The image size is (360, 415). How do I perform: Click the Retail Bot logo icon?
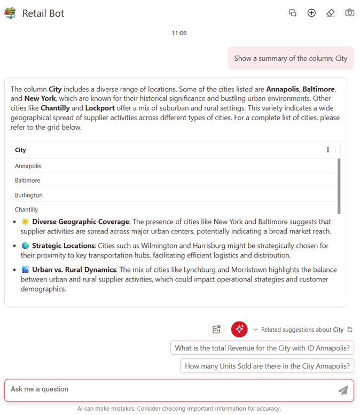pyautogui.click(x=10, y=13)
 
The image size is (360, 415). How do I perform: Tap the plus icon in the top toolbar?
pyautogui.click(x=311, y=13)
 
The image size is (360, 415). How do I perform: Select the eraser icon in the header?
pyautogui.click(x=331, y=13)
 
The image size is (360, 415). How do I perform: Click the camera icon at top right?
pyautogui.click(x=349, y=13)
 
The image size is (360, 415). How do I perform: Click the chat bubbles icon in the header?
pyautogui.click(x=292, y=13)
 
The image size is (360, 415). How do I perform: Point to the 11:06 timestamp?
pyautogui.click(x=179, y=33)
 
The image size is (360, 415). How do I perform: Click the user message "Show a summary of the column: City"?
pyautogui.click(x=290, y=58)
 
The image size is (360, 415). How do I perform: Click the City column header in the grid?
pyautogui.click(x=21, y=150)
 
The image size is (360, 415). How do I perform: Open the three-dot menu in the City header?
pyautogui.click(x=328, y=150)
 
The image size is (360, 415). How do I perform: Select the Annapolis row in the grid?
pyautogui.click(x=28, y=166)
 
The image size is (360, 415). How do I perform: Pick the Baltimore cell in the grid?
pyautogui.click(x=28, y=181)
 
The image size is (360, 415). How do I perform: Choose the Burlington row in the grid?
pyautogui.click(x=29, y=195)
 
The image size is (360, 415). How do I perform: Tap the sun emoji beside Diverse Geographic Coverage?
pyautogui.click(x=25, y=222)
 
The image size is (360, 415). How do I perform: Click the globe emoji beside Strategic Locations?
pyautogui.click(x=25, y=246)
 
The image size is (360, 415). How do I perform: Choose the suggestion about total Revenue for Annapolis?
pyautogui.click(x=262, y=348)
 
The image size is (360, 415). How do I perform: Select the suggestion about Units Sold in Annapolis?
pyautogui.click(x=267, y=366)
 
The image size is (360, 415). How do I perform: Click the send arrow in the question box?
pyautogui.click(x=343, y=390)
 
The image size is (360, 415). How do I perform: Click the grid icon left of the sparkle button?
pyautogui.click(x=216, y=330)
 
